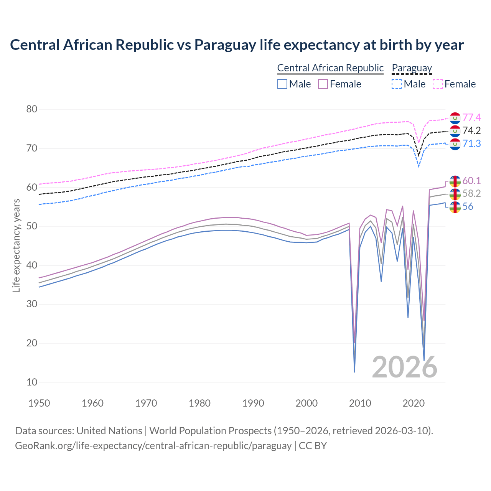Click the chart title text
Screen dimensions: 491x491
[237, 45]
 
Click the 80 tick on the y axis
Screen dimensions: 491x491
[32, 109]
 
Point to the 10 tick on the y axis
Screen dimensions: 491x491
[32, 382]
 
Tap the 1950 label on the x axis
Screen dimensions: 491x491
[39, 403]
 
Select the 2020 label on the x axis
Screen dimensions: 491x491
[414, 403]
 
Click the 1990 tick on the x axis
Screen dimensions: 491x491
[253, 403]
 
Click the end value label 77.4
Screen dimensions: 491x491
[471, 117]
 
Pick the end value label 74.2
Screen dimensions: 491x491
[471, 130]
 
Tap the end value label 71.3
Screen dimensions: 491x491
[471, 143]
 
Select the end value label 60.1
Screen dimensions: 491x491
[471, 181]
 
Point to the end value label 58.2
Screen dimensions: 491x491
[471, 194]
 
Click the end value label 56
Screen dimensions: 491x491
[468, 207]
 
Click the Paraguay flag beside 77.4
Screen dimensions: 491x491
[455, 118]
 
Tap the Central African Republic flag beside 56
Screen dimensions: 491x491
[455, 207]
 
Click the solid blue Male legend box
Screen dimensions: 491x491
[282, 84]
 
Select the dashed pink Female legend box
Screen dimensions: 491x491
[438, 84]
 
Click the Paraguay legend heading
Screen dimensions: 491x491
[412, 68]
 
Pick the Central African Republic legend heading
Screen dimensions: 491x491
[330, 68]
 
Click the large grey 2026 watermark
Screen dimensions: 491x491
[405, 367]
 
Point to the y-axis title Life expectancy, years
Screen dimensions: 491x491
[16, 245]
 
